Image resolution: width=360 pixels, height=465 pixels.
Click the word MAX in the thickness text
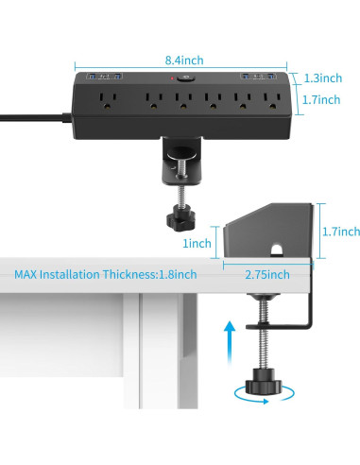(x=27, y=275)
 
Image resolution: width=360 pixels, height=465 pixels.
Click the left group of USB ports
(x=99, y=76)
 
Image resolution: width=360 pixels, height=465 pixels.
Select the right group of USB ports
(x=257, y=76)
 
